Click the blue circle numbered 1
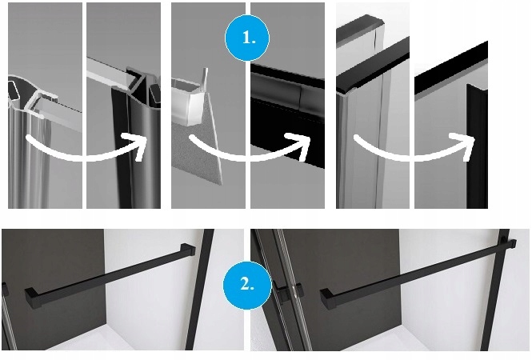coord(247,38)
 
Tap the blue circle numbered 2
coord(247,284)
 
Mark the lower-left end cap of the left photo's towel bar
coord(33,298)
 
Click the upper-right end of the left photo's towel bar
coord(188,250)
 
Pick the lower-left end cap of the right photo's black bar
coord(327,298)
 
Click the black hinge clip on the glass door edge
coord(290,290)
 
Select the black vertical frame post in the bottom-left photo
coord(200,290)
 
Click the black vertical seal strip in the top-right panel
coord(477,146)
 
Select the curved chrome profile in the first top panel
coord(28,142)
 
